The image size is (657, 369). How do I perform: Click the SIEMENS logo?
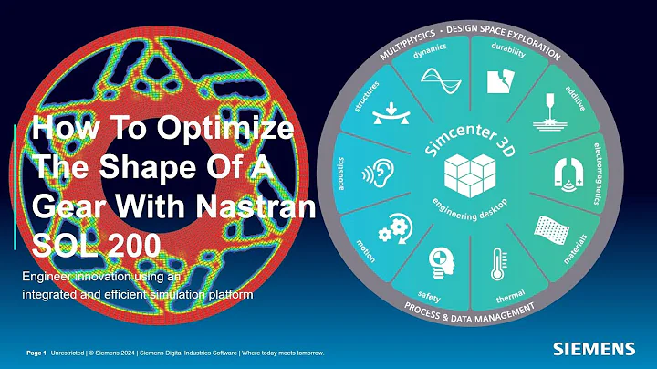click(x=594, y=348)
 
